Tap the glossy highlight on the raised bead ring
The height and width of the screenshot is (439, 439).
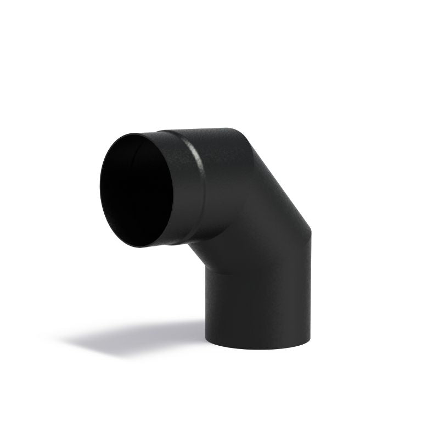click(x=193, y=156)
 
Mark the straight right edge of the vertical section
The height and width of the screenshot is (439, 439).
click(x=311, y=291)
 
